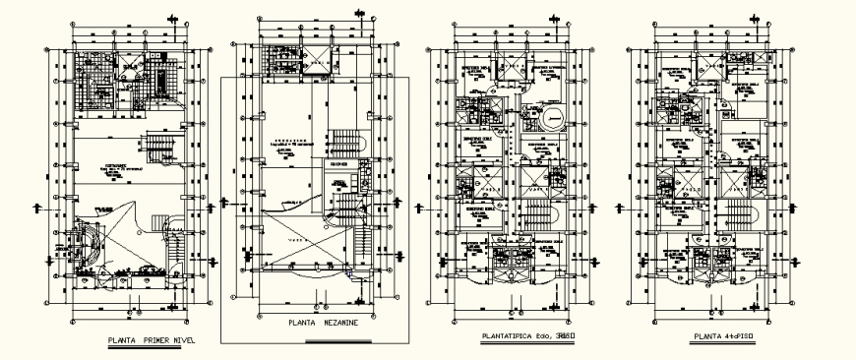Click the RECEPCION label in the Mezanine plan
coord(337,165)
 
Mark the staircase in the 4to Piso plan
coord(733,215)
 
